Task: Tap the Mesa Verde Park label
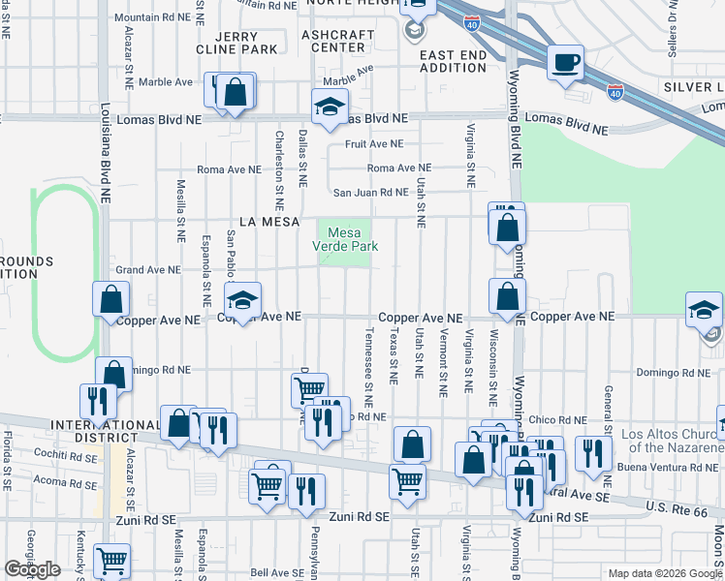pyautogui.click(x=344, y=239)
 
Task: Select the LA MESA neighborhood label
pyautogui.click(x=257, y=222)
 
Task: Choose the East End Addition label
pyautogui.click(x=453, y=62)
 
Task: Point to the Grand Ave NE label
pyautogui.click(x=148, y=270)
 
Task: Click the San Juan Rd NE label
pyautogui.click(x=371, y=192)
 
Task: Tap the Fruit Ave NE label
pyautogui.click(x=374, y=144)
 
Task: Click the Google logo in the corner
pyautogui.click(x=32, y=569)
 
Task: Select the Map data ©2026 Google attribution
pyautogui.click(x=664, y=573)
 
